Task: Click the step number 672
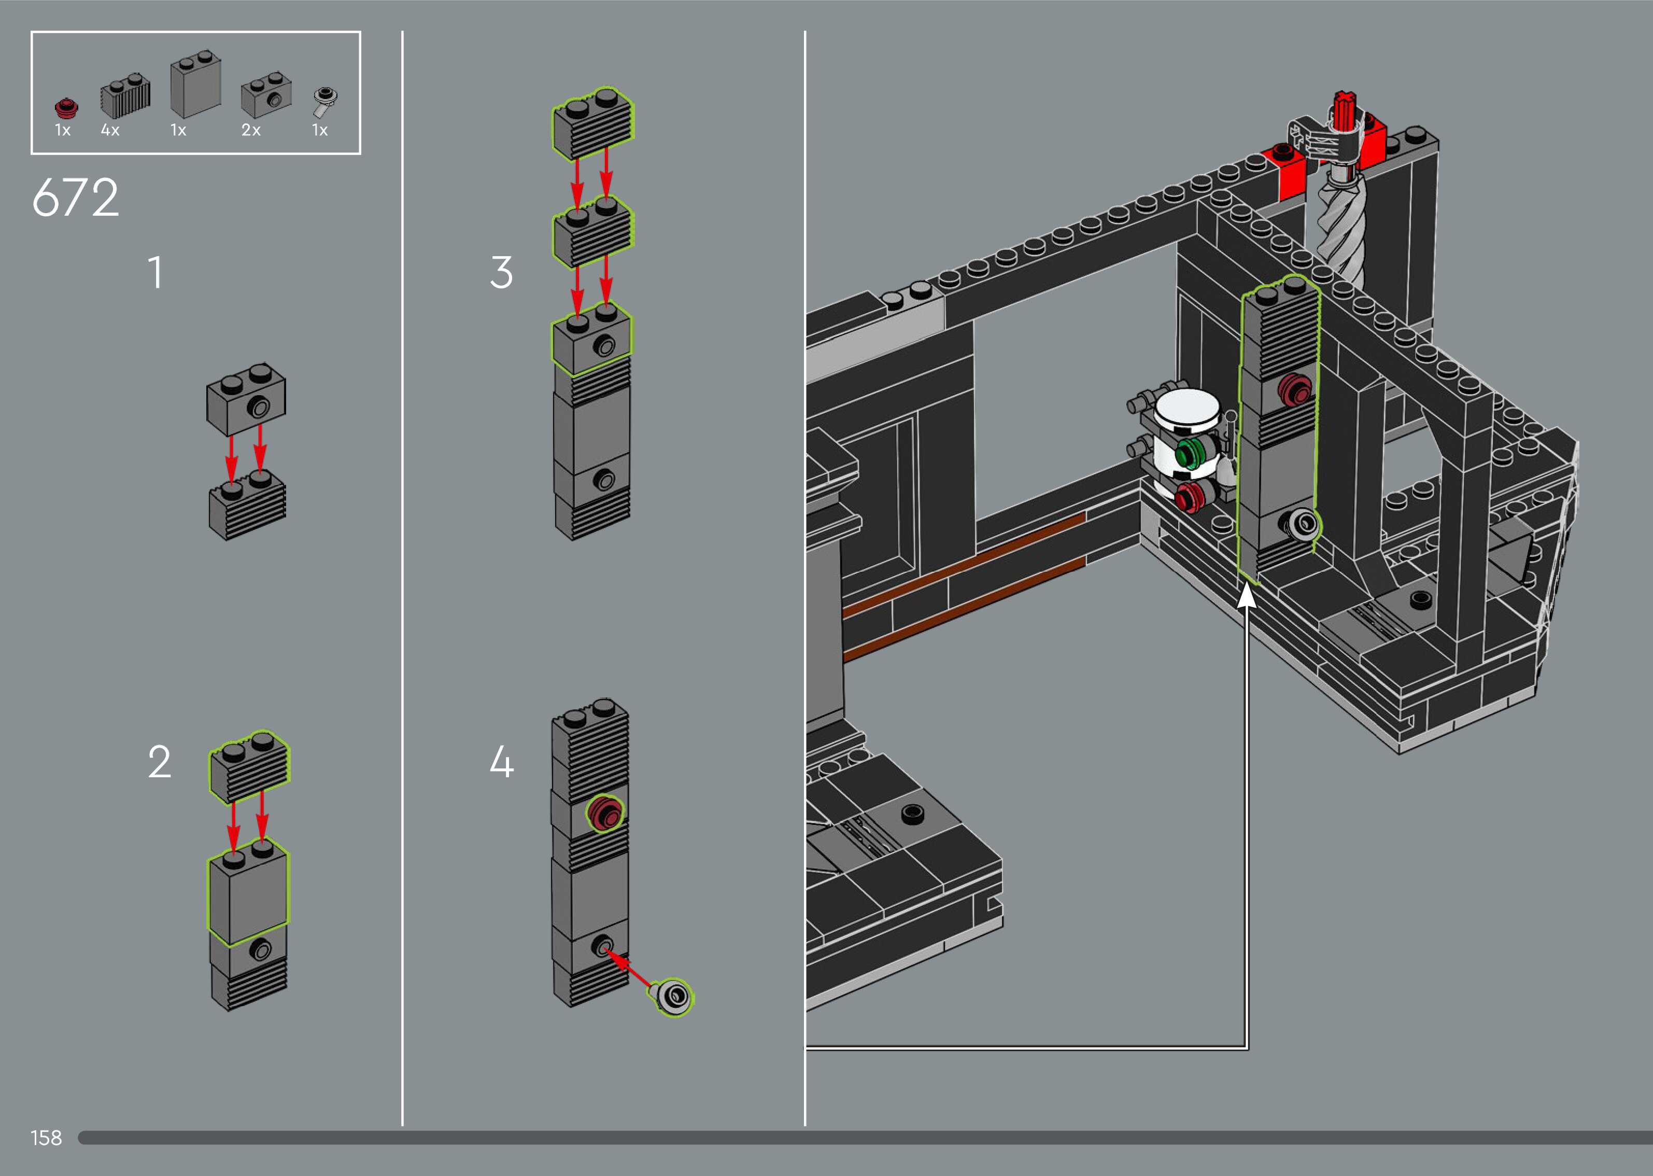(x=75, y=197)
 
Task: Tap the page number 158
(x=46, y=1138)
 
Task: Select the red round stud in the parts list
(x=66, y=108)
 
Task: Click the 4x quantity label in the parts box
(x=110, y=130)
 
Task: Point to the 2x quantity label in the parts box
(x=250, y=130)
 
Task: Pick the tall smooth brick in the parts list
(x=195, y=86)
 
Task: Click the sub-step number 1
(x=155, y=273)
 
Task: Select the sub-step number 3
(x=501, y=273)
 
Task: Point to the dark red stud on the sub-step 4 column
(x=605, y=814)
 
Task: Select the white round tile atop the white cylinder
(x=1187, y=406)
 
